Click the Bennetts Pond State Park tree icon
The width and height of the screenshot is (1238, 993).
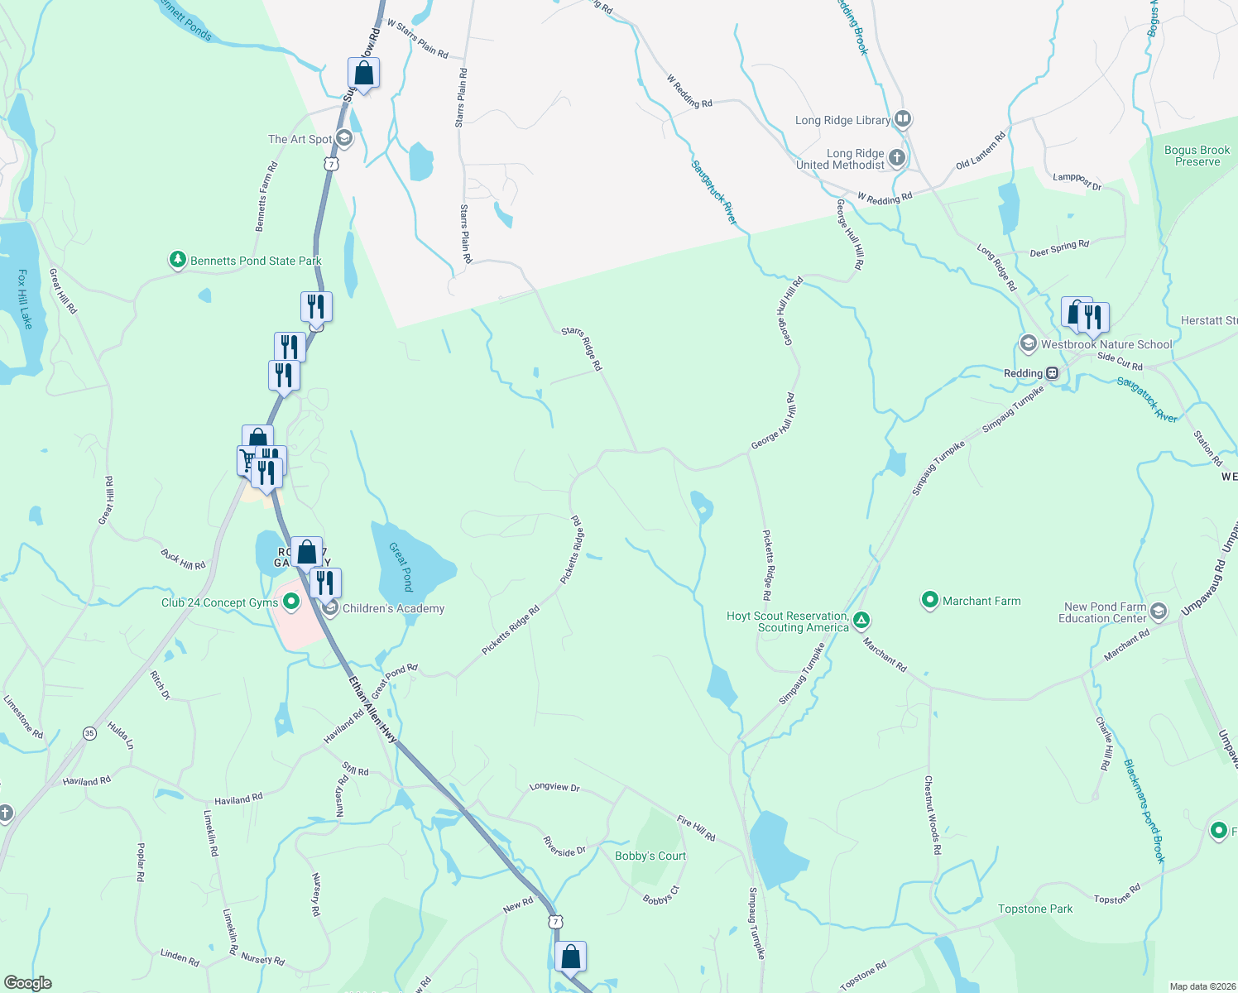coord(177,260)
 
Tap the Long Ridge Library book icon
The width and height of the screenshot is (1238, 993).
coord(902,119)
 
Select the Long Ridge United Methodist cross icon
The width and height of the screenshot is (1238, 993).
coord(896,157)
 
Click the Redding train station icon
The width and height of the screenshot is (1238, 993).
coord(1052,373)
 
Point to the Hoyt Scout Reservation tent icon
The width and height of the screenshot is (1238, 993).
coord(861,619)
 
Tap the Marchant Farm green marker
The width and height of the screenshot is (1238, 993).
coord(930,600)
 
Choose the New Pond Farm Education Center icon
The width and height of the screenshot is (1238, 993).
coord(1158,612)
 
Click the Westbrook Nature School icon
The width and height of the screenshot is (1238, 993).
coord(1028,343)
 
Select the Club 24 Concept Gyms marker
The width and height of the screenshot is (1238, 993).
coord(290,602)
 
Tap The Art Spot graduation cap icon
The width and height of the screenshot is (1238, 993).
coord(344,139)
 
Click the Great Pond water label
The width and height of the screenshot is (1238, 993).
coord(401,567)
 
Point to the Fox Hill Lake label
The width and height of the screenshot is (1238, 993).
coord(25,299)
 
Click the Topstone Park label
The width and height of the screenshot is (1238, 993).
coord(1034,909)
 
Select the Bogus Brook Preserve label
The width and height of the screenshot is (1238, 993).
coord(1197,156)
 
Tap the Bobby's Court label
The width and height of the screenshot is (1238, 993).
coord(650,856)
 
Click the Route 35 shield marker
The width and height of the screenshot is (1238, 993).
coord(89,733)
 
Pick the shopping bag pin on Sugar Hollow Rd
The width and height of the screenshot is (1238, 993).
coord(363,74)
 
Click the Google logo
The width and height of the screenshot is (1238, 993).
coord(28,983)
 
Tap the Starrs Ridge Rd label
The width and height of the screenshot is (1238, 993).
coord(582,348)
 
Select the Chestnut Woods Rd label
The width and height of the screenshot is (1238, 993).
coord(933,815)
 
